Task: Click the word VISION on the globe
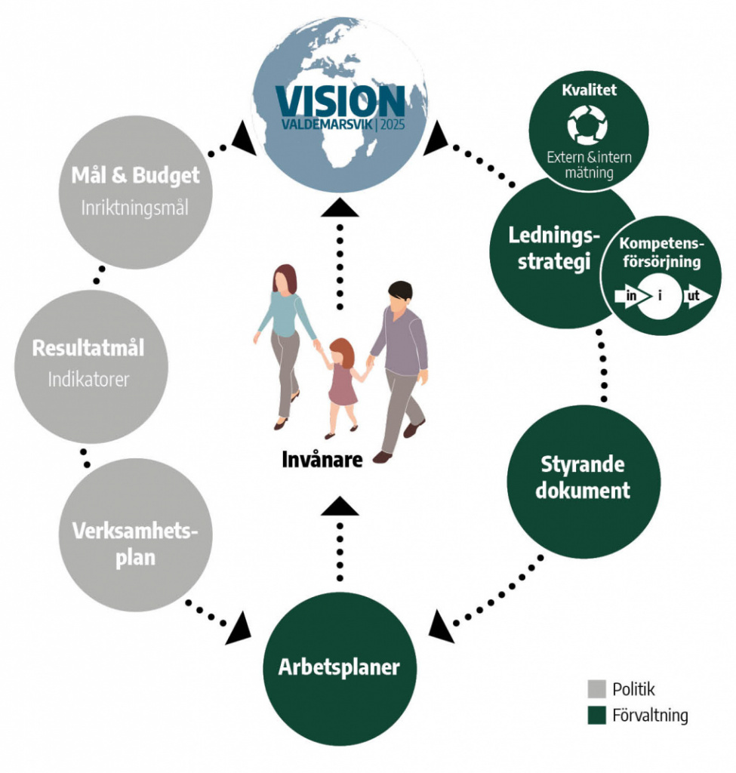tap(340, 101)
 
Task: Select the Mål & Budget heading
tap(136, 176)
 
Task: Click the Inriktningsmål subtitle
tap(135, 207)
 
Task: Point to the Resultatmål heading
tap(88, 349)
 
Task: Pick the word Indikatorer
tap(88, 379)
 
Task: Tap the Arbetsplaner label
tap(339, 667)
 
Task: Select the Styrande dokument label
tap(582, 476)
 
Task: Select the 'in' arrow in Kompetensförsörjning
tap(628, 296)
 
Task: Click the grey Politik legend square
tap(596, 688)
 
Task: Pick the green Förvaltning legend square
tap(596, 715)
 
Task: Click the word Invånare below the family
tap(322, 459)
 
